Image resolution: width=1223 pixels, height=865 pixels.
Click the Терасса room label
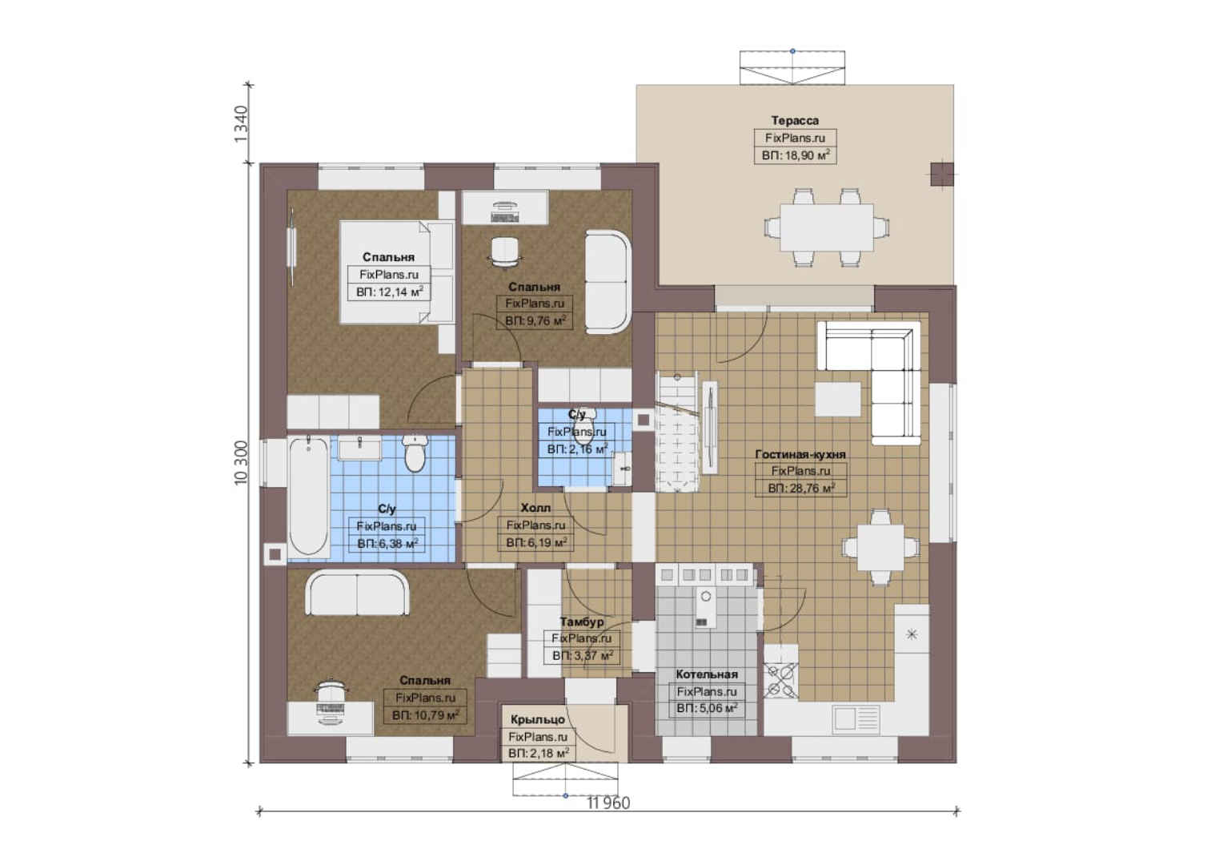coord(795,120)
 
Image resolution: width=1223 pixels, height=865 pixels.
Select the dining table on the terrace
coord(826,227)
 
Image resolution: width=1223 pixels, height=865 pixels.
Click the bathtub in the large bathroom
coord(308,497)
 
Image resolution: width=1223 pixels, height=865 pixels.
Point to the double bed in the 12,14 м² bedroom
coord(397,272)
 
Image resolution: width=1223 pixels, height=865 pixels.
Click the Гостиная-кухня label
coord(800,454)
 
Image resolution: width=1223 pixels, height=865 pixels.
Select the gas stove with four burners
coord(780,681)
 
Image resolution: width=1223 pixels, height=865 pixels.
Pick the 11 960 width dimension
coord(608,803)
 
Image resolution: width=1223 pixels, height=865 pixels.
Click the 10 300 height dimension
coord(241,462)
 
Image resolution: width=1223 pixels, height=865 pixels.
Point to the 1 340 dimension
coord(241,124)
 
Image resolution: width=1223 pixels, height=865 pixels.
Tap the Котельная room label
coord(707,674)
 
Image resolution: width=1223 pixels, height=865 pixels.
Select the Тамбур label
coord(582,622)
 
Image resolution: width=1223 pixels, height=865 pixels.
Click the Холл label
coord(535,508)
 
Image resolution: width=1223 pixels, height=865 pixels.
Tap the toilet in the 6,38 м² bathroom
coord(415,453)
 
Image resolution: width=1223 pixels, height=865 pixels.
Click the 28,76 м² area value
coord(801,488)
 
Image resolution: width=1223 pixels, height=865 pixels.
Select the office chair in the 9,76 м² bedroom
coord(504,252)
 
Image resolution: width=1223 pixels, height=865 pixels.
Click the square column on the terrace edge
coord(942,175)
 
